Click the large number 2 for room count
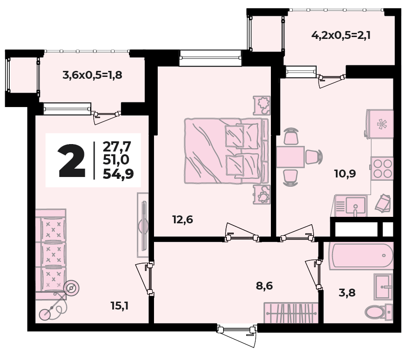click(72, 161)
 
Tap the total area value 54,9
click(118, 174)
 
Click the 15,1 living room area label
click(120, 306)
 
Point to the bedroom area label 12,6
click(183, 220)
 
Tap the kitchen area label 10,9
click(345, 174)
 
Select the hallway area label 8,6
click(264, 286)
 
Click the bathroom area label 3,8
click(347, 293)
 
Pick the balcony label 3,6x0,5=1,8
click(92, 75)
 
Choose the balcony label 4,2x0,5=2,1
click(341, 35)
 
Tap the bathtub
click(361, 256)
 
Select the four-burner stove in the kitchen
click(382, 169)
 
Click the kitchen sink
click(351, 206)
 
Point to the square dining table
click(290, 157)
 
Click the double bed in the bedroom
click(226, 151)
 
